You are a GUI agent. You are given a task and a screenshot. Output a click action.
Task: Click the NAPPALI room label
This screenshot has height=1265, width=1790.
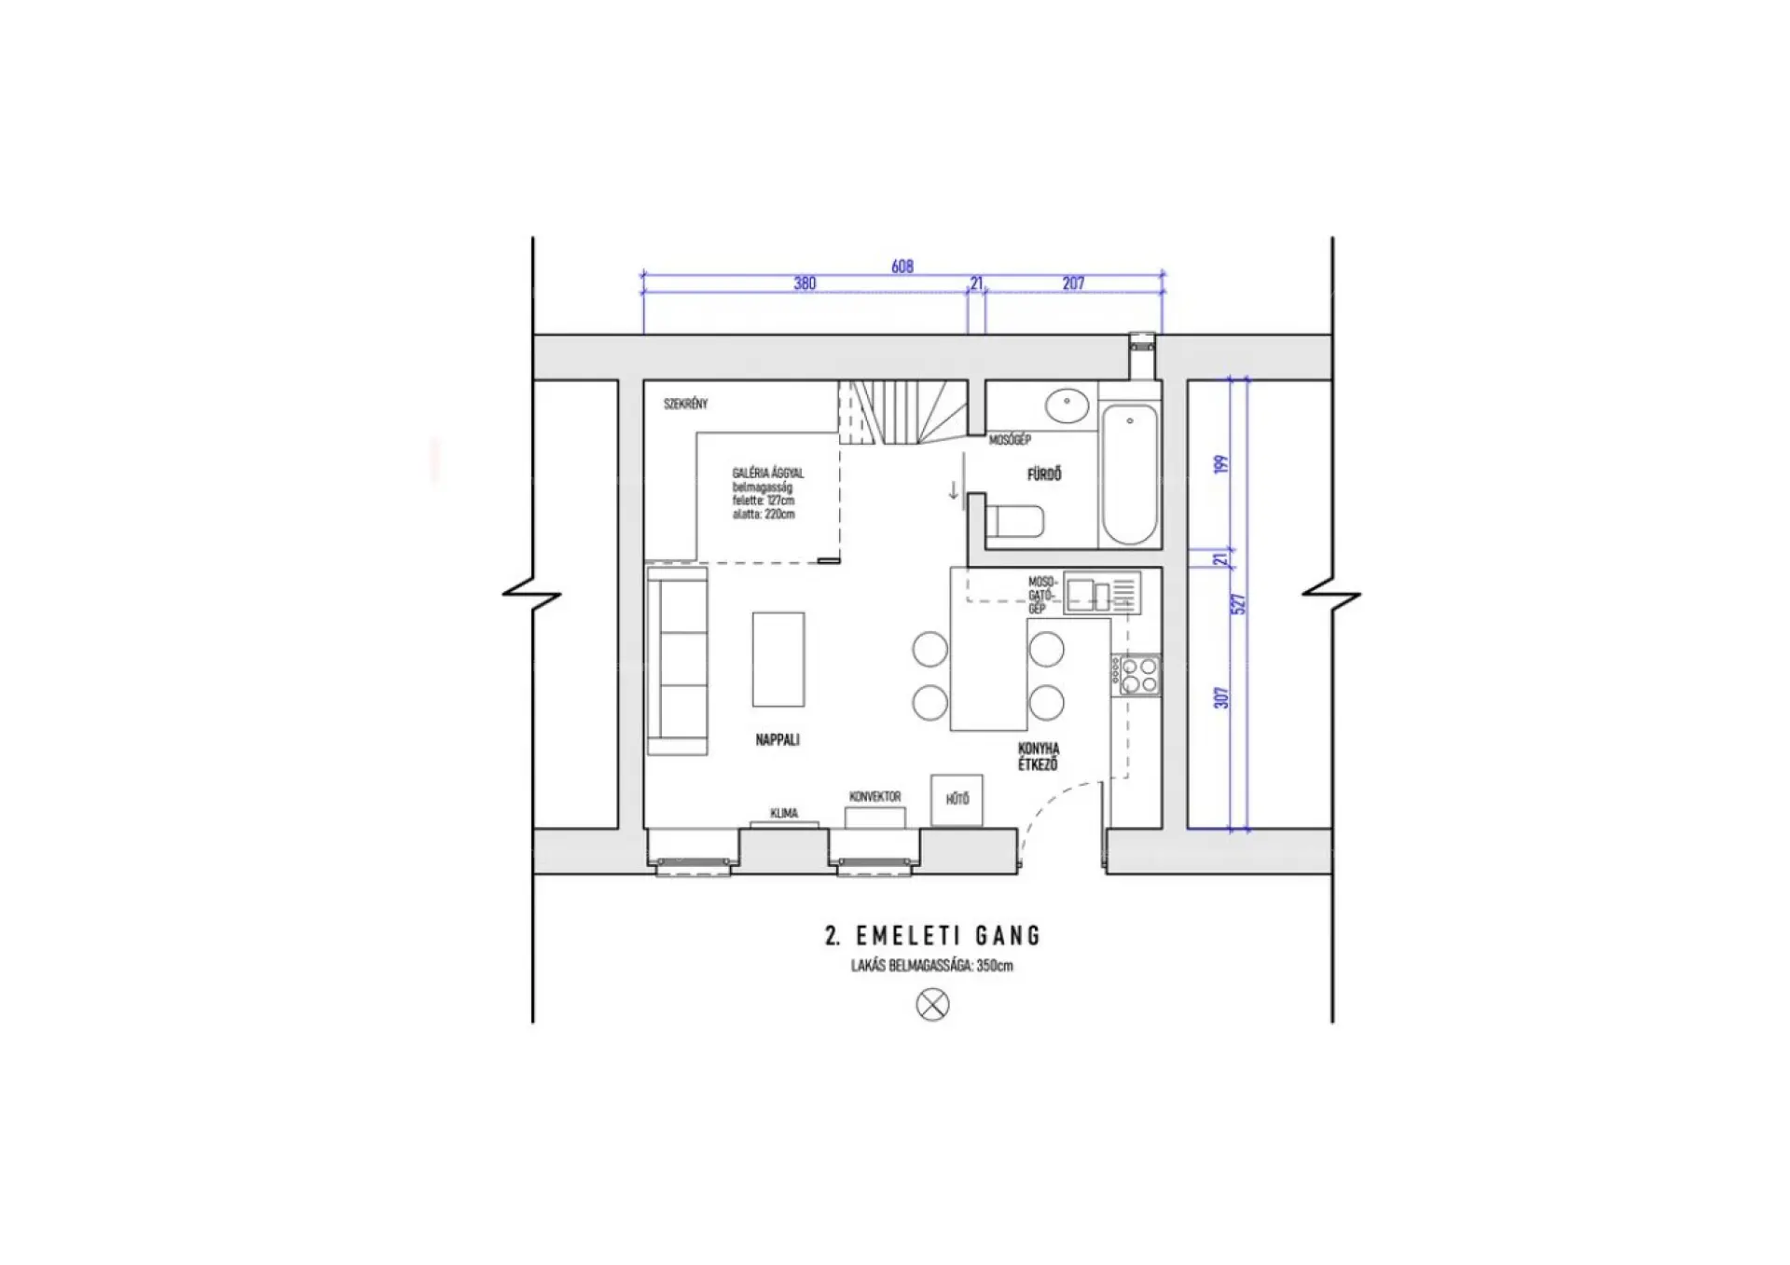[778, 740]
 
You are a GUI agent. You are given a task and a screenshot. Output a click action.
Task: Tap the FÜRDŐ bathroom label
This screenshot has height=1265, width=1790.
[1044, 474]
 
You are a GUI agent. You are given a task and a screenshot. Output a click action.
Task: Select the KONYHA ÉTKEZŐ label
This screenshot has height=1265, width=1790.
[1039, 756]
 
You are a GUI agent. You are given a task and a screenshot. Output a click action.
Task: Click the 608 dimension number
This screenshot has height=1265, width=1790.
[902, 267]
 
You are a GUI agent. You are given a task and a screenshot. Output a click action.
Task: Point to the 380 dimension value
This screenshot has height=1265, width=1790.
[805, 283]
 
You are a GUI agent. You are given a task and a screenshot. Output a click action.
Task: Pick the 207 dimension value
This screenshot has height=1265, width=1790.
[1073, 283]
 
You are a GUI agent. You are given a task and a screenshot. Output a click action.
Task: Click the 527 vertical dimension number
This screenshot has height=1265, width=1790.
[1239, 604]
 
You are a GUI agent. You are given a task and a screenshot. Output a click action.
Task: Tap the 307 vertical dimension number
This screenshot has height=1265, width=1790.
[1221, 697]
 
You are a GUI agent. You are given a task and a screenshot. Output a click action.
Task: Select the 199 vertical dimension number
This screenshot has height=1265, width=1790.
[1221, 464]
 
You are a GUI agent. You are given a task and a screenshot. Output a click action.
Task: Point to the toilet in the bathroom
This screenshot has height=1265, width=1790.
[1014, 521]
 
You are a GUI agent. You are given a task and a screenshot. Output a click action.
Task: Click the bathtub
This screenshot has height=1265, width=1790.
[1129, 474]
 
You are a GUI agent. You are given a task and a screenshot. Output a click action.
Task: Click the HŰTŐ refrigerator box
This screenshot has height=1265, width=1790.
[957, 800]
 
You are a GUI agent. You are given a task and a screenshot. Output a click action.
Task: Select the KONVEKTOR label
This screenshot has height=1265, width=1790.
[875, 797]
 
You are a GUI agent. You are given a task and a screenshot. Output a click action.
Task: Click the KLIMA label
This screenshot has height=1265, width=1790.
[784, 814]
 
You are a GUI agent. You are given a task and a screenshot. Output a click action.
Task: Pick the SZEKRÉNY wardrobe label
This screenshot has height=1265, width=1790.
[685, 404]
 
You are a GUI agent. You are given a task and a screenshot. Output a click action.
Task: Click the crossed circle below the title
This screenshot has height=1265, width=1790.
[932, 1005]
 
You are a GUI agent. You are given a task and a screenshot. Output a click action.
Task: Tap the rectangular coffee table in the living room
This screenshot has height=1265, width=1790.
[778, 659]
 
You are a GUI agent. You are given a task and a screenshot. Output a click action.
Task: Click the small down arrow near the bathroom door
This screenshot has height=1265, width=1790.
[954, 489]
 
